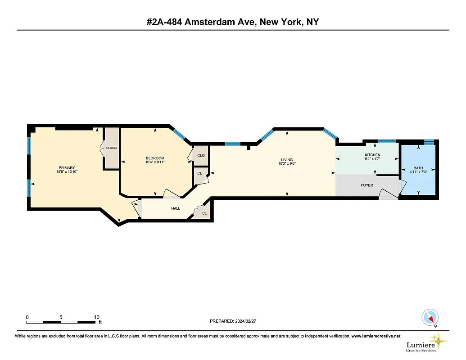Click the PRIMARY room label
click(x=66, y=167)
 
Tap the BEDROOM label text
click(x=155, y=158)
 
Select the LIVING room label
click(x=287, y=160)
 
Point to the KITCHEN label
click(x=372, y=155)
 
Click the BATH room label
click(x=418, y=168)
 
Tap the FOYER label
click(x=367, y=185)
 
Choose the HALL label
click(x=176, y=208)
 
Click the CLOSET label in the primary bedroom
click(x=112, y=148)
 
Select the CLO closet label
click(x=201, y=156)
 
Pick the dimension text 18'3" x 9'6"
click(x=287, y=164)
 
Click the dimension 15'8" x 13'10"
click(x=67, y=171)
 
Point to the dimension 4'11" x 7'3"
click(x=418, y=172)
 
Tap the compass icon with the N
click(x=430, y=317)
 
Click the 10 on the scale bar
click(x=97, y=317)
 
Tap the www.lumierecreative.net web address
click(x=376, y=336)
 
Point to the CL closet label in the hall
click(x=204, y=213)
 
